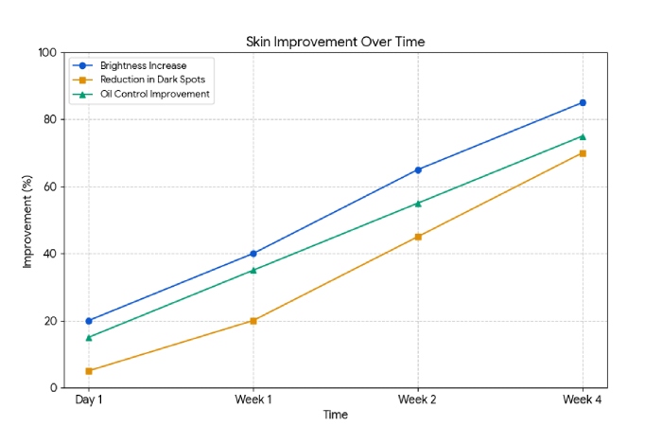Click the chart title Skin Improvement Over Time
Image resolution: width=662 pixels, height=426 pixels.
pyautogui.click(x=335, y=42)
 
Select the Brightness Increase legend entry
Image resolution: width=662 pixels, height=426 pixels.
pyautogui.click(x=143, y=65)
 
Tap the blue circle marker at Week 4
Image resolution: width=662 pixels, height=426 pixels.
pyautogui.click(x=583, y=102)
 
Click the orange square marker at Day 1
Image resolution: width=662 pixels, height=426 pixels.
pyautogui.click(x=89, y=371)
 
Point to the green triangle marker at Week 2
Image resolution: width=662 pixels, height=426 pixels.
pyautogui.click(x=418, y=204)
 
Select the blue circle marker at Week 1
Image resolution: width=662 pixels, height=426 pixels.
pyautogui.click(x=253, y=254)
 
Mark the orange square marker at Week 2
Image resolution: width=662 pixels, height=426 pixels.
pyautogui.click(x=418, y=237)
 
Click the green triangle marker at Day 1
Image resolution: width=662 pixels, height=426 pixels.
pyautogui.click(x=89, y=337)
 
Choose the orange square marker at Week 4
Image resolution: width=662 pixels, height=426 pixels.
pyautogui.click(x=583, y=153)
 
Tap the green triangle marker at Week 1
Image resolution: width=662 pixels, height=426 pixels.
pyautogui.click(x=253, y=270)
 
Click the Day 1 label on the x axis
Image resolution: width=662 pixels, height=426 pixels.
pyautogui.click(x=89, y=400)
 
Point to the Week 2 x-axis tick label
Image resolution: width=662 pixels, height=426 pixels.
pyautogui.click(x=418, y=400)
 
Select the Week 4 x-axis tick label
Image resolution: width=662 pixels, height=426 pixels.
pyautogui.click(x=583, y=400)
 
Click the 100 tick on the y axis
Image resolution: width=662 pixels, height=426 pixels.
pyautogui.click(x=46, y=53)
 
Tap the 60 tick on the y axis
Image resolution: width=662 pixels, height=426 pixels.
pyautogui.click(x=49, y=187)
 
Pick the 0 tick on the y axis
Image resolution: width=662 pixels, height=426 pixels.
pyautogui.click(x=53, y=388)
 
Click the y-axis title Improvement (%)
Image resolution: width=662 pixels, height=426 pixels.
pyautogui.click(x=27, y=221)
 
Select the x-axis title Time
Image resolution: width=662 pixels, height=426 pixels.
pyautogui.click(x=335, y=415)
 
